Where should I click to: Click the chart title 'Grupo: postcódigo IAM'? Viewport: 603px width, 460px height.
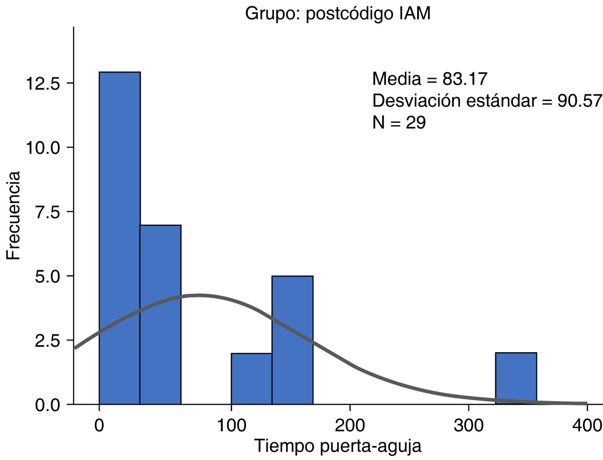pos(338,13)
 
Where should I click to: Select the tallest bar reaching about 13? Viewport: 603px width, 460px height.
pos(119,238)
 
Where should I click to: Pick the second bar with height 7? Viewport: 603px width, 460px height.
pos(160,314)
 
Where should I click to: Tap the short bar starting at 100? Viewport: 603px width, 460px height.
pos(251,379)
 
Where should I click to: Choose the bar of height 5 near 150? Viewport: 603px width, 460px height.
pos(292,340)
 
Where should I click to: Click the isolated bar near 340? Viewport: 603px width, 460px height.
pos(516,378)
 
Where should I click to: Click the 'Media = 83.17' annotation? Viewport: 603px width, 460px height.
pos(430,79)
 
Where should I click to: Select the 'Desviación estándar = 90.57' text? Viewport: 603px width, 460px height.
pos(487,101)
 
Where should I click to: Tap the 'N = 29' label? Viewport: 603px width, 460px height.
pos(399,122)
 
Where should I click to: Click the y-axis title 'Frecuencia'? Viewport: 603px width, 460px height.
pos(14,216)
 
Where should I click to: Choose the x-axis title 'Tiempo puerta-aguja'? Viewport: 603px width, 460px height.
pos(338,446)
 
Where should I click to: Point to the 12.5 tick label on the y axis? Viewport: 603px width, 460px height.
pos(43,84)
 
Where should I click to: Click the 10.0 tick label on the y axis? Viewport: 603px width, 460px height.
pos(43,148)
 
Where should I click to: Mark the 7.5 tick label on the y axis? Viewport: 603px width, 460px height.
pos(47,212)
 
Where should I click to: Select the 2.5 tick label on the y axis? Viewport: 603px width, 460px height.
pos(47,341)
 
